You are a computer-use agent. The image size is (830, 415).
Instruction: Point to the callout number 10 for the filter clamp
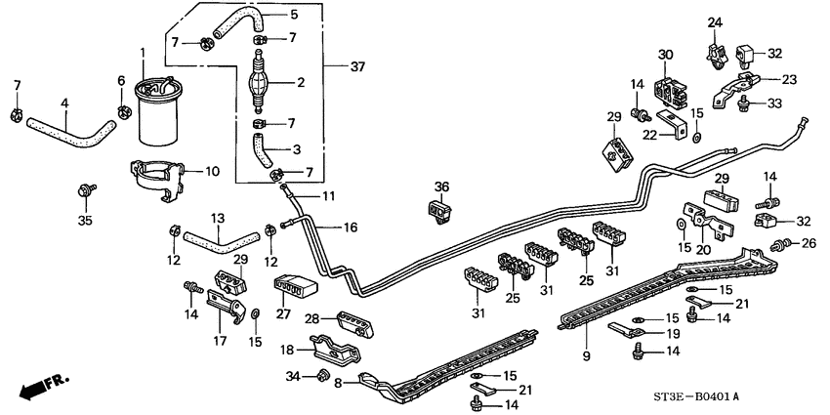[x=210, y=171]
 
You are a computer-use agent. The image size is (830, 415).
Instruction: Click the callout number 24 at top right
[x=714, y=22]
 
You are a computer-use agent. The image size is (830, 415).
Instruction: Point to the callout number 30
[x=666, y=54]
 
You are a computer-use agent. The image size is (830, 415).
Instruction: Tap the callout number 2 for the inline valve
[x=302, y=83]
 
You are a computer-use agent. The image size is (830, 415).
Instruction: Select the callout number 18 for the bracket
[x=288, y=350]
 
